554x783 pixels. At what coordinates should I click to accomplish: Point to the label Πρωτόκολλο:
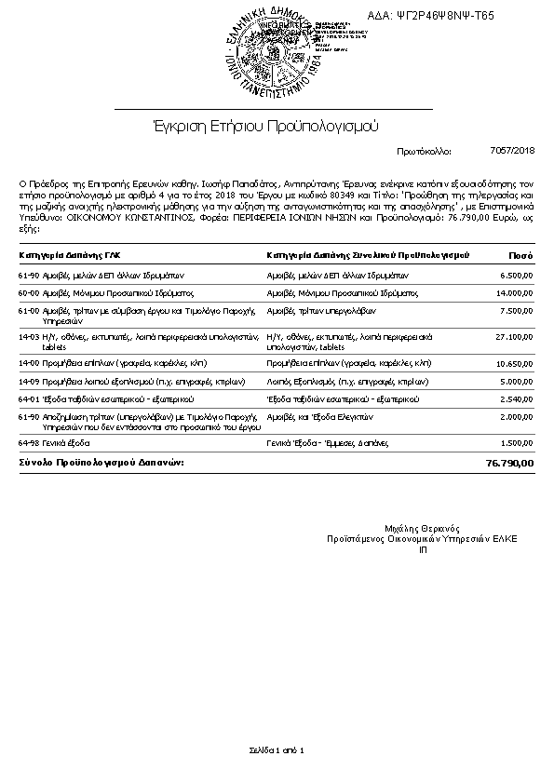424,151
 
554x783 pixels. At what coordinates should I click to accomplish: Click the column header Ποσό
520,254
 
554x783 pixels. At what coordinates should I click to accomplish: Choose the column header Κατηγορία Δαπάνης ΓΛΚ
70,254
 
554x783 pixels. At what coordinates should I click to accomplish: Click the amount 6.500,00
516,277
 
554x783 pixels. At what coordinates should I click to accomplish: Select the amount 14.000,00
514,293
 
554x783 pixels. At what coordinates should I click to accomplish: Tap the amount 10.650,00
514,363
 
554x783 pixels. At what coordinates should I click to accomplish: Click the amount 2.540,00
516,398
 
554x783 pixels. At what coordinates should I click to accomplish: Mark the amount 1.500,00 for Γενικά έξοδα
516,443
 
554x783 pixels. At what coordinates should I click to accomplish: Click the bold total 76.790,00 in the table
510,463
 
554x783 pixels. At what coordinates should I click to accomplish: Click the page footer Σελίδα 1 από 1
277,749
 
